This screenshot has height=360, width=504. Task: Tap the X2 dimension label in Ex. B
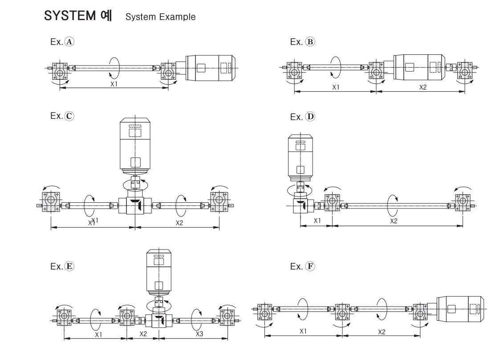tap(423, 87)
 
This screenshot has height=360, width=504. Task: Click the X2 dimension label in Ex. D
tap(394, 221)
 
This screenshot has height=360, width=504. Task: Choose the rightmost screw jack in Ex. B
tap(465, 70)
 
